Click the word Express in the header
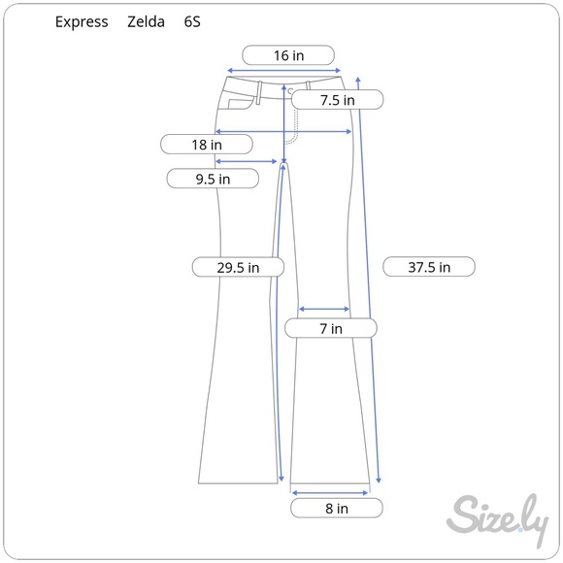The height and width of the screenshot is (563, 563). [x=82, y=21]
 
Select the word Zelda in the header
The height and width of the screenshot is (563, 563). [x=145, y=21]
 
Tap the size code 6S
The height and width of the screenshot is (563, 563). [x=193, y=21]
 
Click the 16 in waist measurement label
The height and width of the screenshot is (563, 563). [x=288, y=55]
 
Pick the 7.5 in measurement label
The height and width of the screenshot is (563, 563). [x=337, y=99]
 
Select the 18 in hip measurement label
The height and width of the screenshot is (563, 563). [x=206, y=145]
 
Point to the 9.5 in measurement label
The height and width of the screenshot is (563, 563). [x=212, y=179]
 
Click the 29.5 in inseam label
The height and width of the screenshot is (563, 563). [x=238, y=267]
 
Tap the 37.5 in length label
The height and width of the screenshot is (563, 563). [x=429, y=267]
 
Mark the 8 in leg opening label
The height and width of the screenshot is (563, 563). [x=336, y=508]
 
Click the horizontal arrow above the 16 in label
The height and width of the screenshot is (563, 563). [x=283, y=71]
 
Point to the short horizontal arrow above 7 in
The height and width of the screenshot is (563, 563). [x=323, y=310]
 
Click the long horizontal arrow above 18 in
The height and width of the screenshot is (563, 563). [x=282, y=131]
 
